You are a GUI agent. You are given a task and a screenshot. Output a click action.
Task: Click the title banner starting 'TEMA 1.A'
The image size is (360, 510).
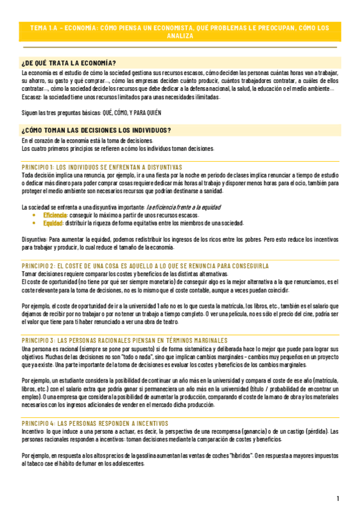[x=180, y=32]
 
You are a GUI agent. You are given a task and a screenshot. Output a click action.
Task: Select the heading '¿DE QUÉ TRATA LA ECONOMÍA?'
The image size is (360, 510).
[x=69, y=63]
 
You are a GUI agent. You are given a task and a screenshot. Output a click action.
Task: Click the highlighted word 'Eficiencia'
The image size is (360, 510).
[x=55, y=214]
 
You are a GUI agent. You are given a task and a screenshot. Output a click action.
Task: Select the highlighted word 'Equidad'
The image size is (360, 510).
[x=53, y=222]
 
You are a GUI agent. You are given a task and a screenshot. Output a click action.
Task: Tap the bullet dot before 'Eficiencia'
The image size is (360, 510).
[x=34, y=214]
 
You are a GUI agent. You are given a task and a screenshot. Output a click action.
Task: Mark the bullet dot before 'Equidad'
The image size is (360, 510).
[x=34, y=222]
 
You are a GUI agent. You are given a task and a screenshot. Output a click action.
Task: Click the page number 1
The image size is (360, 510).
[x=338, y=499]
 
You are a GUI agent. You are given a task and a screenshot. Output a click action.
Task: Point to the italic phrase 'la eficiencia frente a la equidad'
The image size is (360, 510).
[x=183, y=206]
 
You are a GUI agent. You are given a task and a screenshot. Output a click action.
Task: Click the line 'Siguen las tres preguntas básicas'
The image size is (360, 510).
[x=91, y=112]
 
